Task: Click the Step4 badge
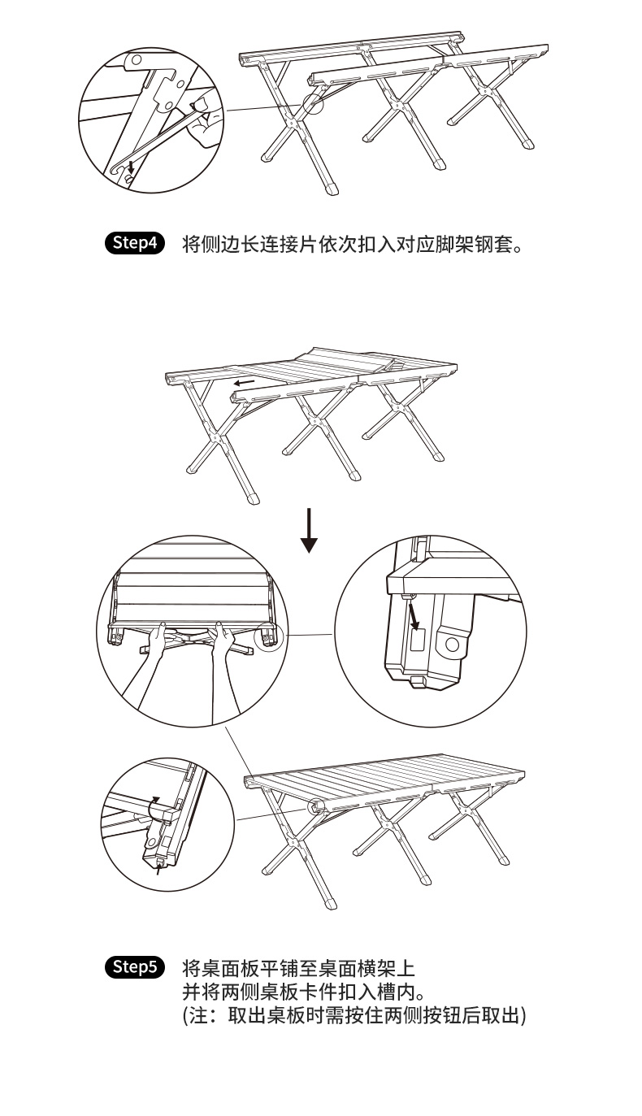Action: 136,244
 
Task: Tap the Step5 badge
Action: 136,967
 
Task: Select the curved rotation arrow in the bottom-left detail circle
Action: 154,808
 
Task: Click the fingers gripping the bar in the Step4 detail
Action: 203,114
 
